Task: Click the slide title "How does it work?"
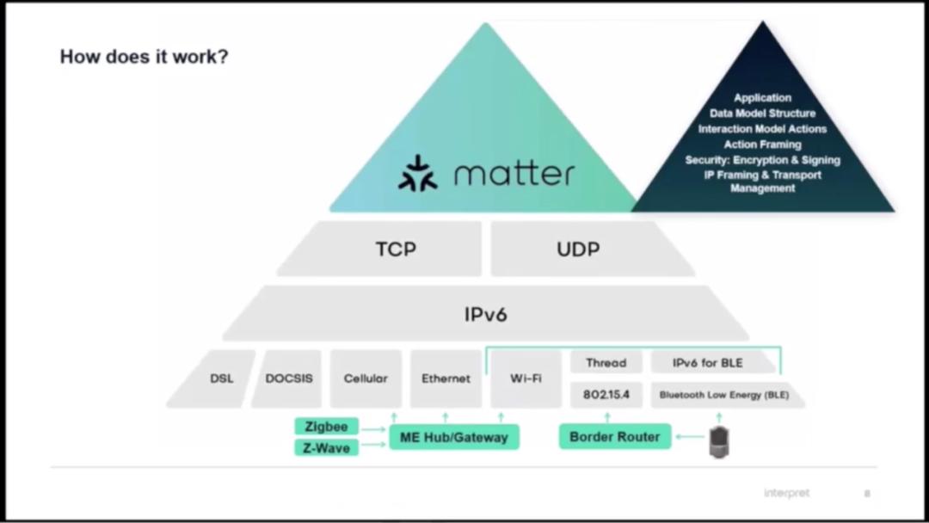tap(144, 57)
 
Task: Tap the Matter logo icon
tap(418, 174)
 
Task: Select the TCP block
tap(380, 249)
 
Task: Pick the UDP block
tap(593, 249)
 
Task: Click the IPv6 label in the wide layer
tap(486, 315)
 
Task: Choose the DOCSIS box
tap(286, 378)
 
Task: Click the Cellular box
tap(366, 378)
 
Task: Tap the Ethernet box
tap(446, 378)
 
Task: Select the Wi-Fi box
tap(526, 378)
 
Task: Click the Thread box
tap(606, 362)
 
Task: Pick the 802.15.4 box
tap(606, 395)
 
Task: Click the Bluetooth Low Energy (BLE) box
tap(727, 395)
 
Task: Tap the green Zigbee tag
tap(327, 427)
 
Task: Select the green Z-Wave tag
tap(327, 448)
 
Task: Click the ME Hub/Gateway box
tap(454, 437)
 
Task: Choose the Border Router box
tap(615, 436)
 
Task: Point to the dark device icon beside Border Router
tap(719, 442)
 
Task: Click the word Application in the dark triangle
tap(762, 98)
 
